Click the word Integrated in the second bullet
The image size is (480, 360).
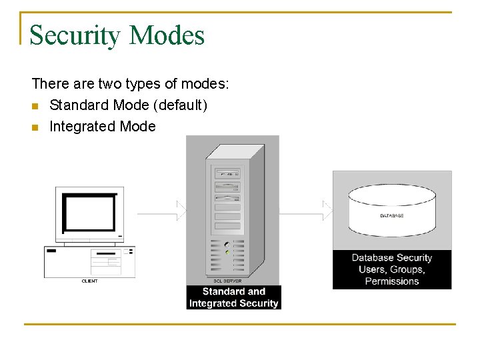tap(83, 127)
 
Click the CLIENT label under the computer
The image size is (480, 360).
tap(89, 281)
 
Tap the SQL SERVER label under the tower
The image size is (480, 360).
tap(227, 281)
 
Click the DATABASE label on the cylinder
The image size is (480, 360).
tap(392, 216)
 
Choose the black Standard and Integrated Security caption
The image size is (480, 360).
tap(233, 297)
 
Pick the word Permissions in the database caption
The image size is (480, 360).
tap(392, 281)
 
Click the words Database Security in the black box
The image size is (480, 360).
tap(392, 258)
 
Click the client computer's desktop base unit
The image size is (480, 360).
tap(89, 261)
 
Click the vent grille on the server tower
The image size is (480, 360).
tap(227, 257)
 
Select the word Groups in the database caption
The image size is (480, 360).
tap(407, 269)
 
